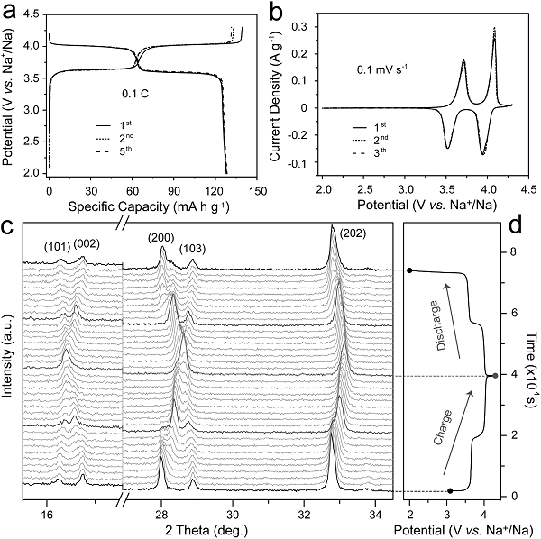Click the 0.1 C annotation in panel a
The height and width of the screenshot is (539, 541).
point(135,92)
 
